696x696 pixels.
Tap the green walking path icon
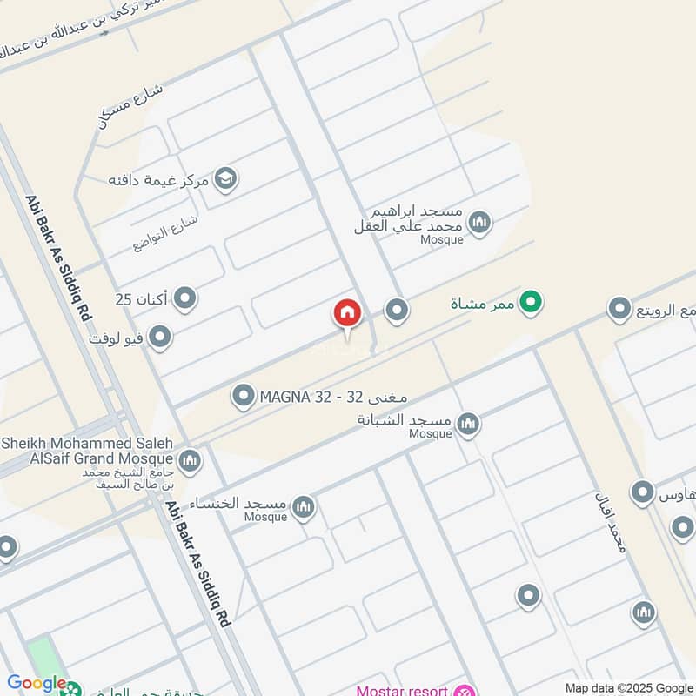point(530,303)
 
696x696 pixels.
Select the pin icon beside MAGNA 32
point(244,398)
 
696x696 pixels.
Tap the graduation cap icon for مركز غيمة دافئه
point(226,179)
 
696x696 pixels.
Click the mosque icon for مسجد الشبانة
point(468,424)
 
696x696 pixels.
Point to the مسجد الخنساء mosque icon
point(303,507)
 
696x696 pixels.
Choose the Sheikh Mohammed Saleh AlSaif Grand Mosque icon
point(190,460)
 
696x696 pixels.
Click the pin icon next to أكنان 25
point(184,299)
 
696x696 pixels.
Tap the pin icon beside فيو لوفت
point(160,337)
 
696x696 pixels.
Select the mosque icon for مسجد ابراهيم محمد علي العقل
point(478,224)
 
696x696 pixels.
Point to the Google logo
point(37,684)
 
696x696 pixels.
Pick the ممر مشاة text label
point(481,304)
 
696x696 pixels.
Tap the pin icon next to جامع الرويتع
point(619,309)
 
